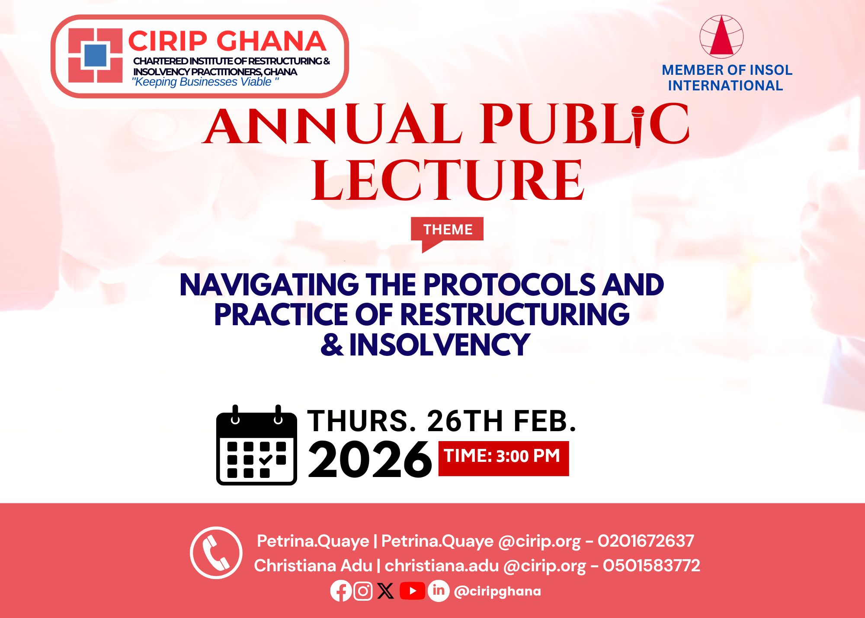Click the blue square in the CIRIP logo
pos(95,55)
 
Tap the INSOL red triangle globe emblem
pos(721,37)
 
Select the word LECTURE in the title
pos(448,180)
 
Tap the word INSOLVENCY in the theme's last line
pos(439,345)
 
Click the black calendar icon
pos(256,445)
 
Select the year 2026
pos(370,460)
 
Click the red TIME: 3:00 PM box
pos(503,458)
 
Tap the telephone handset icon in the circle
pos(216,553)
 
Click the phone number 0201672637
pos(646,541)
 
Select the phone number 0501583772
pos(651,566)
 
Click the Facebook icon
pos(341,591)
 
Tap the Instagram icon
pos(363,591)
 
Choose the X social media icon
pos(385,591)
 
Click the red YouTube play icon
pos(412,591)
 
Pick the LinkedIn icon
pos(439,591)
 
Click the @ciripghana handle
pos(497,592)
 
